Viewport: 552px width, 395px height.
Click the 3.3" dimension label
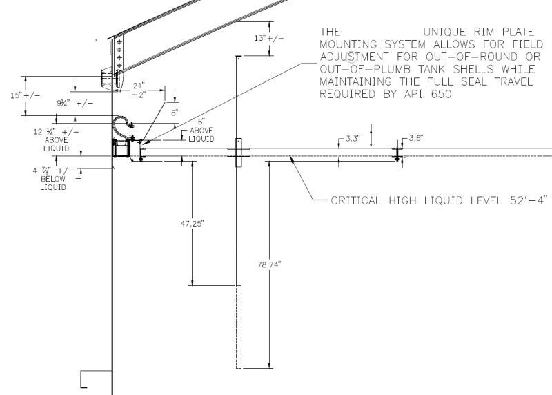point(353,139)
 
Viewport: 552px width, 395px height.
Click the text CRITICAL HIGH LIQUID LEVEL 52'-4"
point(440,202)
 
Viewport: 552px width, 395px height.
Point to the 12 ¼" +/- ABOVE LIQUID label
point(60,137)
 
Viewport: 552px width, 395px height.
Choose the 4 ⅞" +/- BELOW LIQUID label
point(55,179)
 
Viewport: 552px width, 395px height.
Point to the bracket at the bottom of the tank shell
point(88,379)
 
